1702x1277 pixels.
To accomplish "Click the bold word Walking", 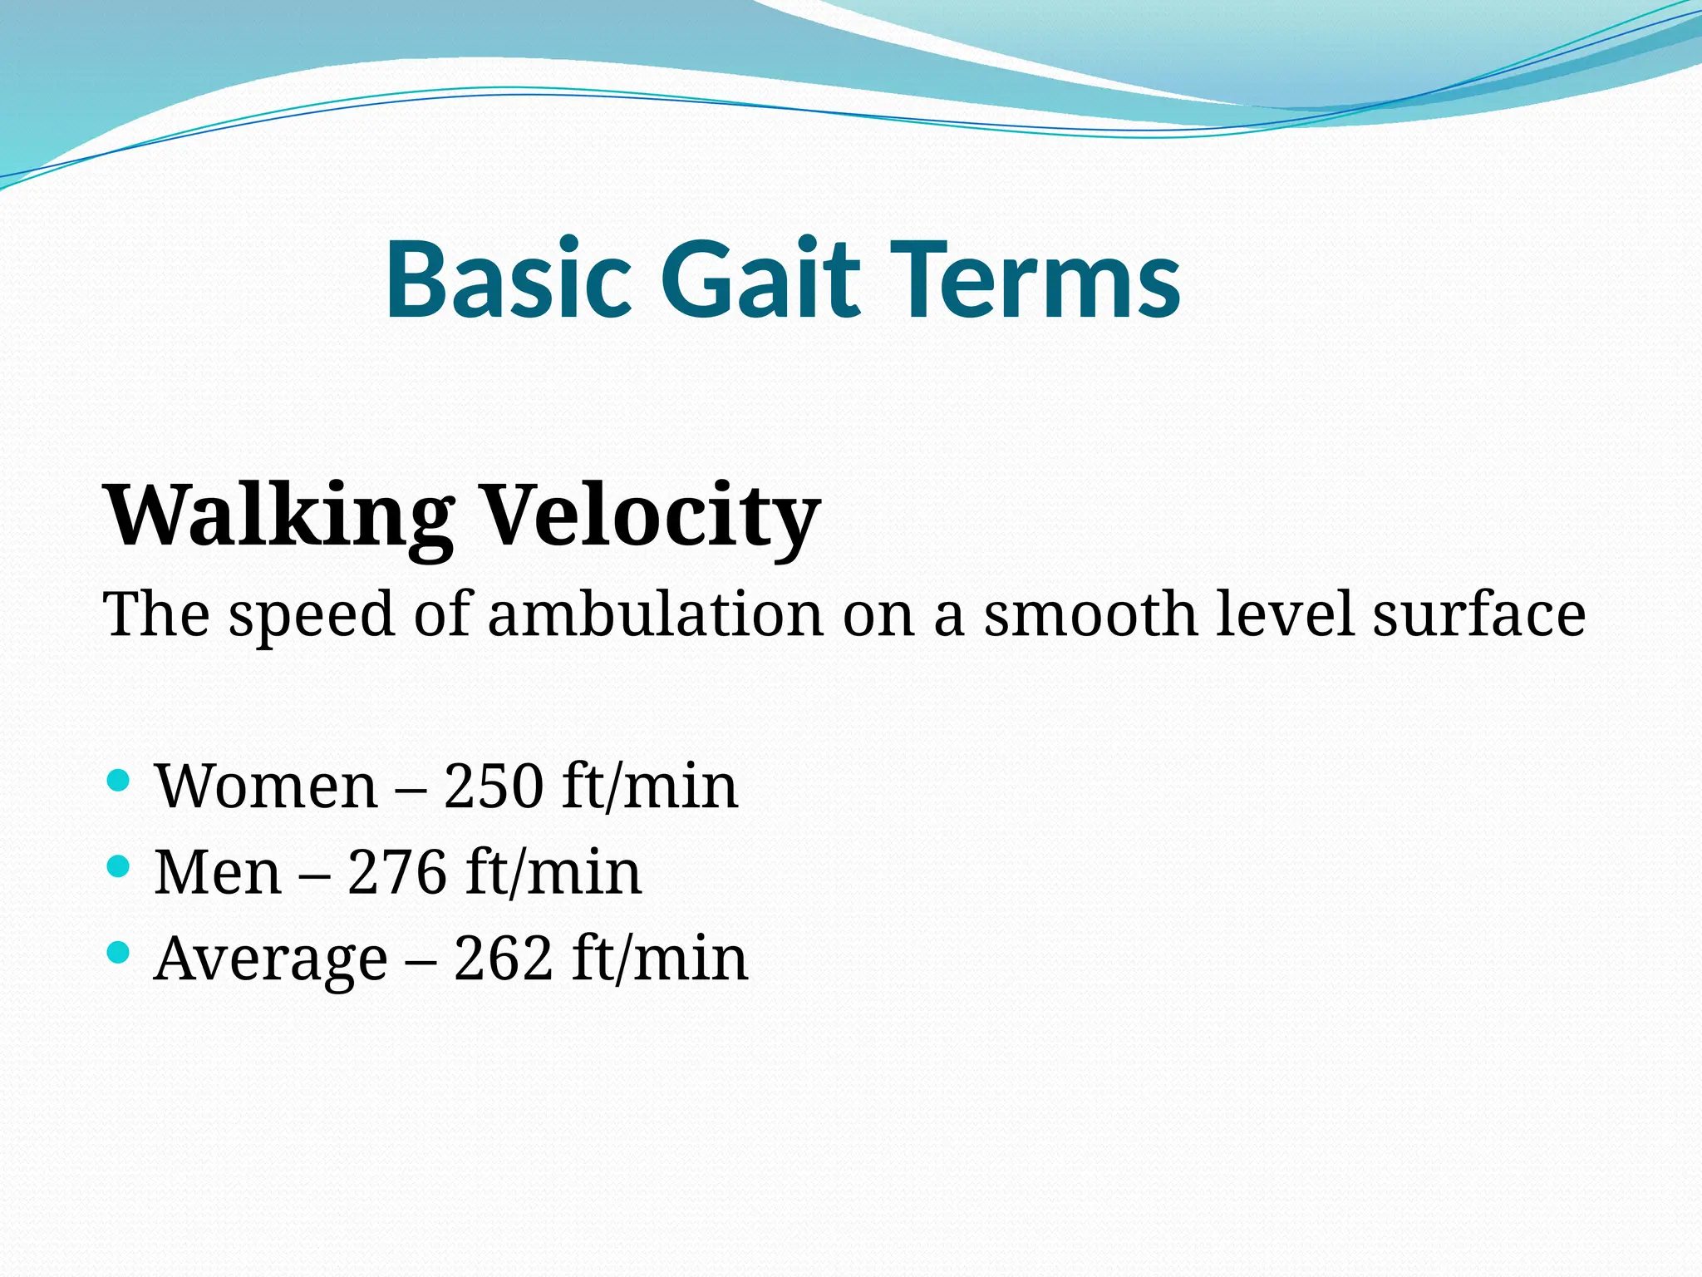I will pyautogui.click(x=278, y=517).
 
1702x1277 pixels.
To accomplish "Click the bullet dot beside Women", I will pyautogui.click(x=119, y=780).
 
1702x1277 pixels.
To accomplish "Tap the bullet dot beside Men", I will pyautogui.click(x=119, y=866).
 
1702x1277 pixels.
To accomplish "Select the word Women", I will pyautogui.click(x=266, y=786).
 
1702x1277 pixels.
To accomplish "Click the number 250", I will pyautogui.click(x=494, y=786).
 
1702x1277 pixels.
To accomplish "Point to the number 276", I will pyautogui.click(x=397, y=873).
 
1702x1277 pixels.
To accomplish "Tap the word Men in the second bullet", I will pyautogui.click(x=218, y=873).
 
